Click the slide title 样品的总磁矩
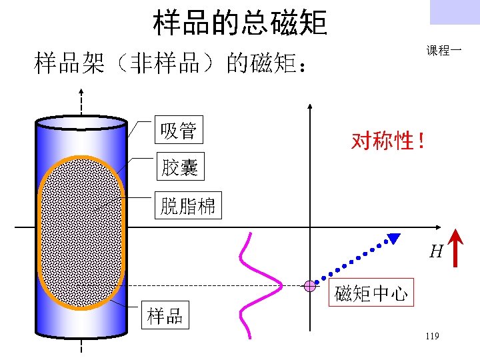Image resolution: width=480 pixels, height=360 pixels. point(240,22)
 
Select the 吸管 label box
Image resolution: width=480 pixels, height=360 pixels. point(179,130)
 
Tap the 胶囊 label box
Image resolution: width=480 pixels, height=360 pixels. point(179,167)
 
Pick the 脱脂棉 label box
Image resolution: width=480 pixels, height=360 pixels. point(188,206)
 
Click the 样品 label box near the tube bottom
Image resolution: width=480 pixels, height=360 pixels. point(165,315)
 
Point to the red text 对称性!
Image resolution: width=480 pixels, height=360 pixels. point(387,141)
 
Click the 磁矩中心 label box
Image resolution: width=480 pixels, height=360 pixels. point(372,293)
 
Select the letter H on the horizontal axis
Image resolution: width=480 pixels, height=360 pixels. point(436,251)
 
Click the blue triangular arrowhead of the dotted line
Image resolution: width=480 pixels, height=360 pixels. point(395,238)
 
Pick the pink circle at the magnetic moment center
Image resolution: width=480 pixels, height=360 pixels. point(310,286)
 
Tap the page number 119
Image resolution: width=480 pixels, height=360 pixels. point(431,337)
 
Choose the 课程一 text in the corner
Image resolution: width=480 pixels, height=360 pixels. point(444,51)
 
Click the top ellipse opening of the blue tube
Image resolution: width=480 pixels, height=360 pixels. point(82,122)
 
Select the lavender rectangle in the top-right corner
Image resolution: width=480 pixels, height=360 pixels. point(455,12)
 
